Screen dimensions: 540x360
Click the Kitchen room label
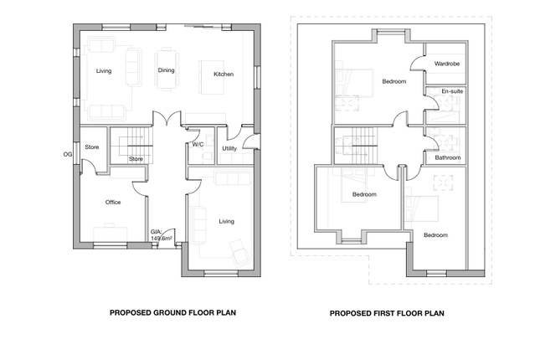coord(224,74)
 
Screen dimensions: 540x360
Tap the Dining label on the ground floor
coord(166,70)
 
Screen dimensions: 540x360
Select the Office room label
coord(113,203)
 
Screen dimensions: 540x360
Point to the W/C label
coord(198,145)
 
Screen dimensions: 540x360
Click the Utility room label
coord(229,148)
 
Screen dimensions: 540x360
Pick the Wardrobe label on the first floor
coord(447,64)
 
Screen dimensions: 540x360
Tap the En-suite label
coord(453,91)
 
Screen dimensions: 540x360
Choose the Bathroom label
coord(448,157)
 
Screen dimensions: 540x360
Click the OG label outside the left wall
coord(68,154)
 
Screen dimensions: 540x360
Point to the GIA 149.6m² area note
coord(162,235)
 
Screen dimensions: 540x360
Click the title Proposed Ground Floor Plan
coord(172,313)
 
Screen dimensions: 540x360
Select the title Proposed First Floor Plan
coord(387,313)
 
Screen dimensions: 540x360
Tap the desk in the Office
coord(111,233)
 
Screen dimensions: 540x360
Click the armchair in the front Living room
coord(241,253)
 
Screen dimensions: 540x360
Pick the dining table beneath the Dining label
coord(167,69)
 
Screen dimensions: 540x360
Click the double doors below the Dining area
coord(167,117)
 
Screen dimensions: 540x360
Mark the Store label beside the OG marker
coord(92,147)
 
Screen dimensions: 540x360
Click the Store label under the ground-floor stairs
coord(136,159)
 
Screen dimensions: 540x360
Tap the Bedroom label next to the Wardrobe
coord(394,82)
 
